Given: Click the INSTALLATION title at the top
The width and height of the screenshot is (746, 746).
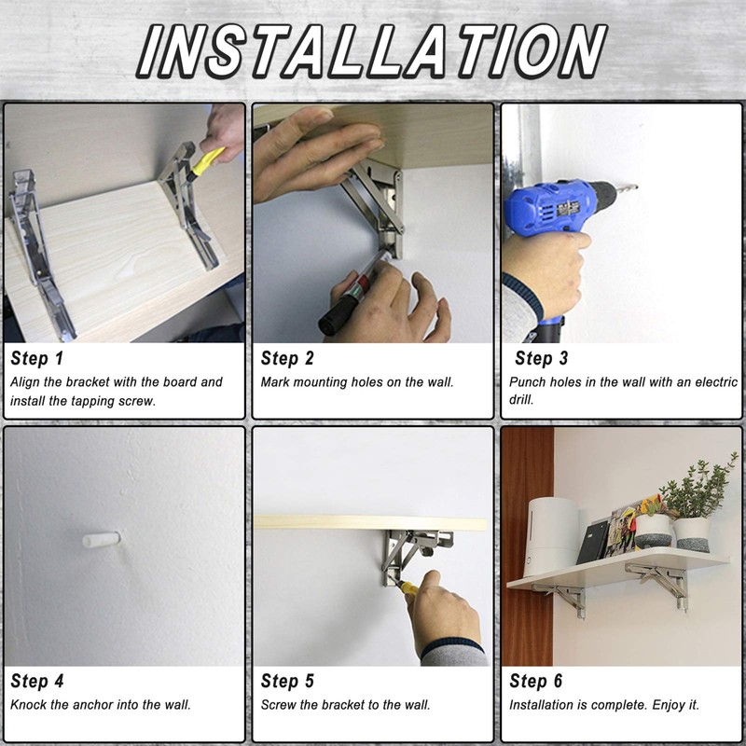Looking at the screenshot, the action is [372, 51].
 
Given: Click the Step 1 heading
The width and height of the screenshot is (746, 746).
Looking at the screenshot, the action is [36, 358].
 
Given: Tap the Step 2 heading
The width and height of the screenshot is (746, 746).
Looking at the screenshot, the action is [287, 358].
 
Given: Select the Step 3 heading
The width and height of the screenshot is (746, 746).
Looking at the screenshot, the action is [542, 358].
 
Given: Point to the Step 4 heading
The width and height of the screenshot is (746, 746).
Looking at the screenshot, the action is [36, 681].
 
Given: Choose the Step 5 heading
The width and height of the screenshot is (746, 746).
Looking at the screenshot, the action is [287, 681].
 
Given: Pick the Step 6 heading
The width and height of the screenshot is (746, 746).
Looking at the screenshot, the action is [535, 681].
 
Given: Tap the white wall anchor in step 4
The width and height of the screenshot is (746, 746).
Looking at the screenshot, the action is [101, 540].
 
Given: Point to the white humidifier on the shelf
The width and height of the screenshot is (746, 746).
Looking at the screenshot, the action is [553, 537].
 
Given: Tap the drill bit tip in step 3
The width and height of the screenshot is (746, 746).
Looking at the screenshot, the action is [637, 187].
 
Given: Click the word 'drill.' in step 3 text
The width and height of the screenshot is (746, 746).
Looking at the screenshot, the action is [521, 400].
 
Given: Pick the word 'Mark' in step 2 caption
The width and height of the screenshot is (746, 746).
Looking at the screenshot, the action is [274, 382].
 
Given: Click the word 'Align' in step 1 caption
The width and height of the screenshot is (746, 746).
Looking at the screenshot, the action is [25, 383].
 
